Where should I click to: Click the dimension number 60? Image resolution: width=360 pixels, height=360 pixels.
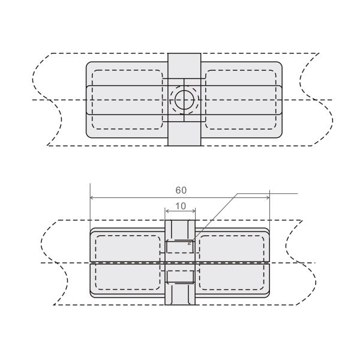(x=181, y=190)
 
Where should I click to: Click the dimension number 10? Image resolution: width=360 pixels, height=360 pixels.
(x=181, y=206)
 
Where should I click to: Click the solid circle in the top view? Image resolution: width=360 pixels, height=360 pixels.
(x=184, y=100)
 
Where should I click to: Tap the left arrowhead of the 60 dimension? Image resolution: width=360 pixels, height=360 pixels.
(x=92, y=197)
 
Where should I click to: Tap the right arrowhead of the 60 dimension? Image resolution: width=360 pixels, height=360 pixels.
(x=268, y=197)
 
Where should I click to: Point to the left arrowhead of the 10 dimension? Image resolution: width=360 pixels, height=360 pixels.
(x=167, y=211)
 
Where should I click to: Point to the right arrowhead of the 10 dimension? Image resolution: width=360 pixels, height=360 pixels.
(x=193, y=211)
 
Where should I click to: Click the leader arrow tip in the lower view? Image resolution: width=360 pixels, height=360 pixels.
(x=188, y=244)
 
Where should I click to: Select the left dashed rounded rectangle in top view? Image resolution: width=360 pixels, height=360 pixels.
(x=127, y=100)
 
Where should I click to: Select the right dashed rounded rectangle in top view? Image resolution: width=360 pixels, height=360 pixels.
(x=241, y=100)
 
